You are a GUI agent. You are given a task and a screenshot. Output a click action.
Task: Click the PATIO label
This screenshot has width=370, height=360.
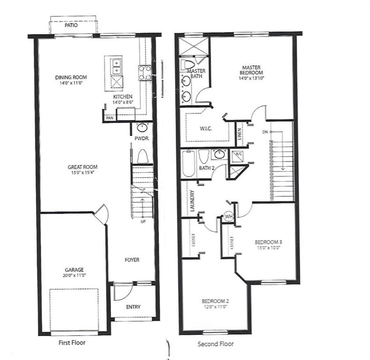coord(71,25)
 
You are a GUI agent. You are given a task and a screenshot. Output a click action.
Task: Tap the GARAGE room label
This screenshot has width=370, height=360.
coord(74,270)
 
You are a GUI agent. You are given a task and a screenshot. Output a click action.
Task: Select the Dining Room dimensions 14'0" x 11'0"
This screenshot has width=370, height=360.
coord(71,83)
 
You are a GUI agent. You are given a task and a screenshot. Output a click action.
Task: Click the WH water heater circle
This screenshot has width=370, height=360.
coord(229,217)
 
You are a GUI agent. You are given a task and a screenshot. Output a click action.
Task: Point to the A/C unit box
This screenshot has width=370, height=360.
coord(237,156)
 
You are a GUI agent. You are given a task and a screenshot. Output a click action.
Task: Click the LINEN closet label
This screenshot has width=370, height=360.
coord(239,134)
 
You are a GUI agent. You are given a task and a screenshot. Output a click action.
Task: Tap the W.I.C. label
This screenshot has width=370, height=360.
coord(206,129)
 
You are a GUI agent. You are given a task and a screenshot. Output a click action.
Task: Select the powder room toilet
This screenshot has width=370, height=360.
coord(142,156)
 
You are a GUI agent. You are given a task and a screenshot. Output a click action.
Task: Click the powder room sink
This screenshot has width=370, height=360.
coord(142,128)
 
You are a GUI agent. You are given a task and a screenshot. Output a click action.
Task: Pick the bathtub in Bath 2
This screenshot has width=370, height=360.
coord(189,164)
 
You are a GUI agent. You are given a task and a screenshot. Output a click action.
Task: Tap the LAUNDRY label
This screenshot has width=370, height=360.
coord(192,201)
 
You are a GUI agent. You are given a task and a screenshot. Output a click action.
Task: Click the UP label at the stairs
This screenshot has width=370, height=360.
coord(143,222)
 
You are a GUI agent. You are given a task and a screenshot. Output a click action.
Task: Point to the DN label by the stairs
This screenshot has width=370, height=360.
coord(265,132)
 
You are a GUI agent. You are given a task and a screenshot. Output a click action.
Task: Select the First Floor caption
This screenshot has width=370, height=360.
coord(72,343)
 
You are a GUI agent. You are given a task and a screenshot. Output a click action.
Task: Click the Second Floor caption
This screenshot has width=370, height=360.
coord(215,344)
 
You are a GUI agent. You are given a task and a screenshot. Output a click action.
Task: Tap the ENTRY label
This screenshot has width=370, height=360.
coord(133,307)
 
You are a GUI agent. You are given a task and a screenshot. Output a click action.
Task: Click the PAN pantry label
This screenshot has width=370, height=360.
coord(110,118)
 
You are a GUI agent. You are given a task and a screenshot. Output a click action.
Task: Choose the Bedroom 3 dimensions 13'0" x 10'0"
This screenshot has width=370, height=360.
coord(268,248)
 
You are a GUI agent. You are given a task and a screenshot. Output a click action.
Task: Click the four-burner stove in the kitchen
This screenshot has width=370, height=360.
coord(145,73)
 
